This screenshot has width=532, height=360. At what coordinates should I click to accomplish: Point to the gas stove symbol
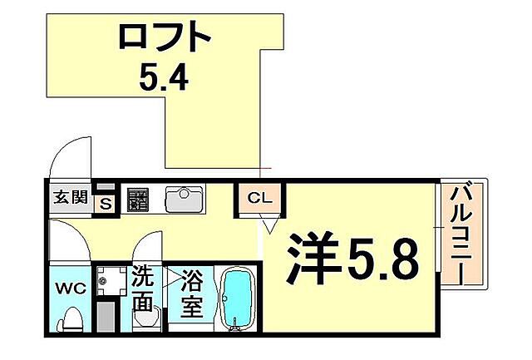point(138,200)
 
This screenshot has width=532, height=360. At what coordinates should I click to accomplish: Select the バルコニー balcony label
point(461,235)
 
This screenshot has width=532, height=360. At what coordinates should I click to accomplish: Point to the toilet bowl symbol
point(72,319)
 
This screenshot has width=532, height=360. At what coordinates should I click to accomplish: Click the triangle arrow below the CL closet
point(269,224)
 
